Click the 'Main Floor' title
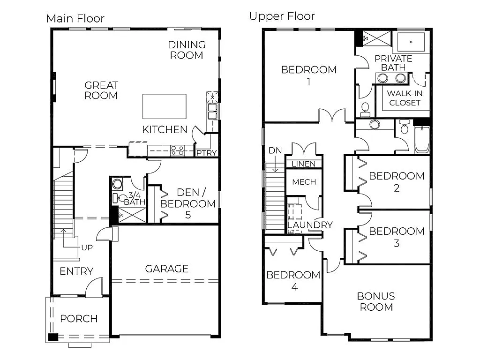click(75, 19)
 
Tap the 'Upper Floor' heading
click(282, 16)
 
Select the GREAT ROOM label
click(101, 90)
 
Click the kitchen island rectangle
click(164, 106)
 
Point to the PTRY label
click(206, 153)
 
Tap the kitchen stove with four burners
click(178, 150)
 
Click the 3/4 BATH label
click(135, 198)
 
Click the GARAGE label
click(166, 269)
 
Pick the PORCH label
click(79, 319)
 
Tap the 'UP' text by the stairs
click(87, 247)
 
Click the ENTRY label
click(76, 271)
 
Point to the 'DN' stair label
click(275, 150)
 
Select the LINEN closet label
click(304, 164)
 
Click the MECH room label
click(304, 182)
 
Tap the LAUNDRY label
click(310, 225)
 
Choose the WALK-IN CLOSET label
click(405, 98)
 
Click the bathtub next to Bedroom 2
click(422, 140)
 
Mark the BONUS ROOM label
click(376, 301)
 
